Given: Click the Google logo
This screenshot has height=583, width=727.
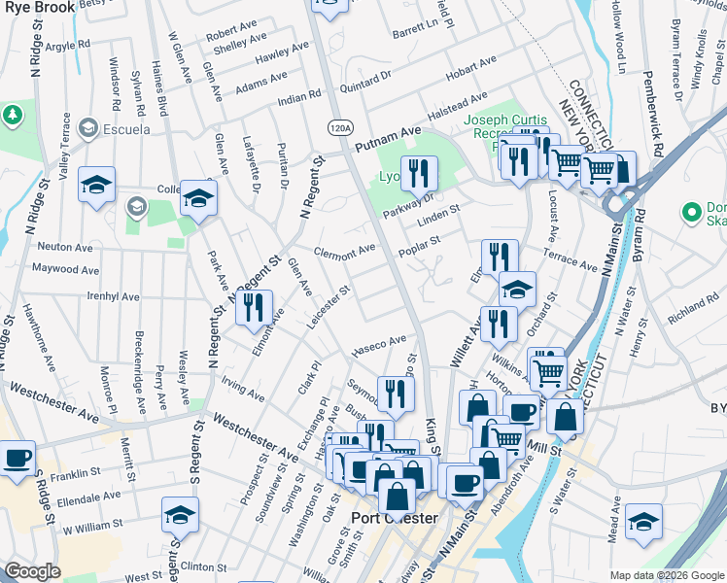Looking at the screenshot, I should point(32,571).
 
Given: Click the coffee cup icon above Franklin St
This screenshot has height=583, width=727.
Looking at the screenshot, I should point(17,457).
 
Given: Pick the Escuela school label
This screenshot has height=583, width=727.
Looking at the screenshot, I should point(127,129).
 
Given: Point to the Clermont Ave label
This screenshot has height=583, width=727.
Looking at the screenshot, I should point(345,249).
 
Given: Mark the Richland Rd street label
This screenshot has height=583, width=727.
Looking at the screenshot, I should point(692,310).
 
